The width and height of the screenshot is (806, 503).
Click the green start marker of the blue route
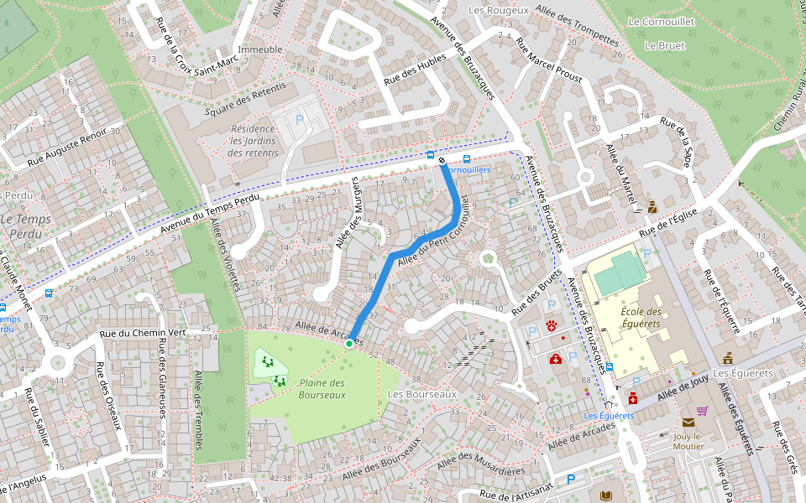coord(349,343)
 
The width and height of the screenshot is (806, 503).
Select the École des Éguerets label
coord(641,318)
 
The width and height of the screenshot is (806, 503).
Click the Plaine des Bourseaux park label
coord(322,388)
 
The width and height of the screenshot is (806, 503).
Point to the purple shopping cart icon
coord(702,410)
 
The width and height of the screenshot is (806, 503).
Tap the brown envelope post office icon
coord(688,423)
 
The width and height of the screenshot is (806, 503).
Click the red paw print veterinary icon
coord(552,325)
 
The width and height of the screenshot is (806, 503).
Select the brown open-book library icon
coord(607,495)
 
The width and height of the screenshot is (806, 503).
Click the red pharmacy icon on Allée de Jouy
coord(632,399)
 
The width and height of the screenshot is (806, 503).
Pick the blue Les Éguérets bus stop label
coord(609,416)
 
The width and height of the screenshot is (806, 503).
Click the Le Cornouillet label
coord(661,22)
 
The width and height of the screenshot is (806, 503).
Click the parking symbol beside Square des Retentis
coord(299,120)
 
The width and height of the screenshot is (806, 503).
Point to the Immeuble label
coord(260,49)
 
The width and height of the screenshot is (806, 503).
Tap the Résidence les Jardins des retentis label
coord(253,141)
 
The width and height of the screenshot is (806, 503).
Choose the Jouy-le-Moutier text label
coord(688,441)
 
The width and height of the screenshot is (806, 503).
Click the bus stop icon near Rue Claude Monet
coord(49,294)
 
